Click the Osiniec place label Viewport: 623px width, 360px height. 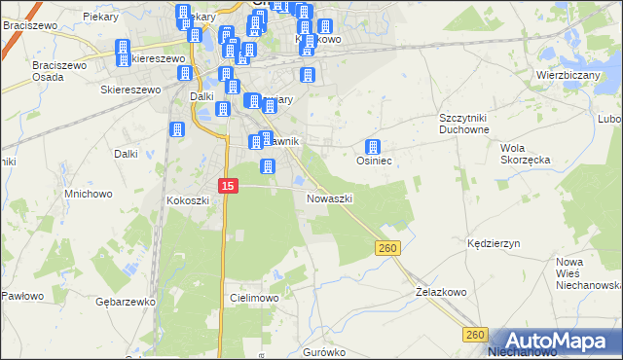[x=374, y=161]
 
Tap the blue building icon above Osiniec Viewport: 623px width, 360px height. [x=372, y=147]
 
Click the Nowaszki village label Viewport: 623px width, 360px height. [x=329, y=198]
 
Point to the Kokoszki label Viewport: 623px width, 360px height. [x=189, y=199]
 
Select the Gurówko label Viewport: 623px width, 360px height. [x=325, y=351]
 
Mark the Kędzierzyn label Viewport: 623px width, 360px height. [x=495, y=242]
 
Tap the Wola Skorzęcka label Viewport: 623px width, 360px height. [x=525, y=154]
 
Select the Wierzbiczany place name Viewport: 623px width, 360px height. [x=566, y=74]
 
